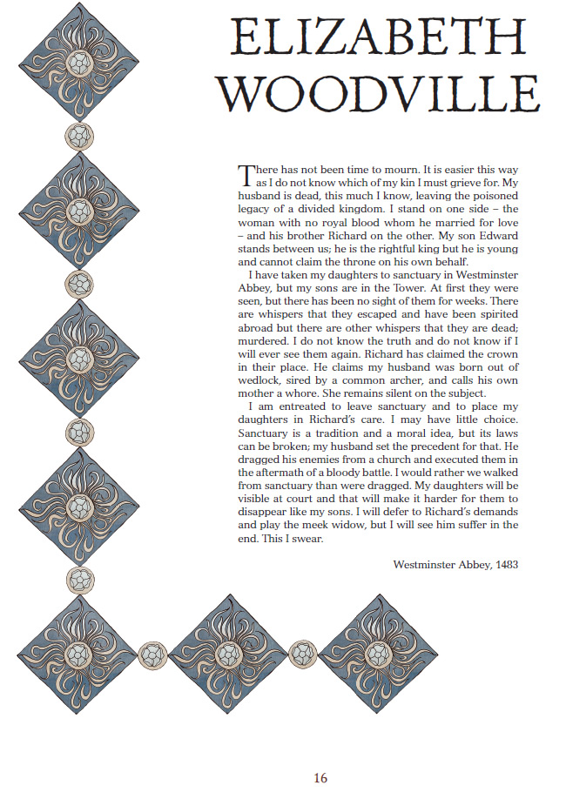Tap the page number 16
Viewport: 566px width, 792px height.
click(x=320, y=777)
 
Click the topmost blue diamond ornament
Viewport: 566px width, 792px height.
click(x=79, y=63)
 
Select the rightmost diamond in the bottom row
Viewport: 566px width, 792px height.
click(x=377, y=654)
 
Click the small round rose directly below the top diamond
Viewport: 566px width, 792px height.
click(x=79, y=136)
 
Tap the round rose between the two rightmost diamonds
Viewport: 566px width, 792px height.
click(x=303, y=654)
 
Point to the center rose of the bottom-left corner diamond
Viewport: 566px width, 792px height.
click(x=79, y=654)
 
